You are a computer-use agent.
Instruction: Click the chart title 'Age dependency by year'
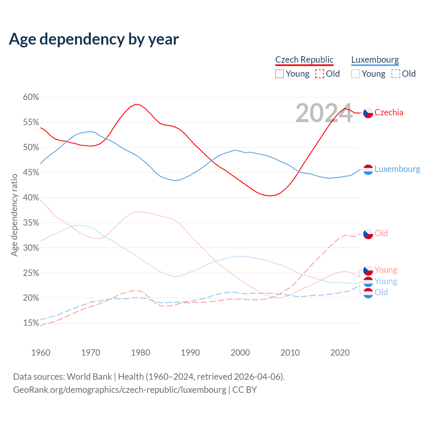tap(94, 39)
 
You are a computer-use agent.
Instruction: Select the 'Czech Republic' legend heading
tap(304, 60)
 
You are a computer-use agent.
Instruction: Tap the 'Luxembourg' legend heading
tap(375, 60)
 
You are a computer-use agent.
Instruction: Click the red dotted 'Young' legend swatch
tap(279, 74)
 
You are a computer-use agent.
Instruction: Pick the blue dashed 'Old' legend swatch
tap(396, 74)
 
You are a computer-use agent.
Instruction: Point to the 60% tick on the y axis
tap(31, 97)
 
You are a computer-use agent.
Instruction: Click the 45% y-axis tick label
tap(31, 173)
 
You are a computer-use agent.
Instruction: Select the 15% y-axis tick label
tap(31, 323)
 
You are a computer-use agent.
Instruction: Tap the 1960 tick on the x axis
tap(41, 353)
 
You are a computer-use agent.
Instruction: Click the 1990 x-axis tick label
tap(190, 353)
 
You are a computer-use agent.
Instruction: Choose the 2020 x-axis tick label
tap(340, 353)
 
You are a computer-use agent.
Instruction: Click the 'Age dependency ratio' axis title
tap(14, 215)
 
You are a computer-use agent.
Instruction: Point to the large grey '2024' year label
tap(324, 113)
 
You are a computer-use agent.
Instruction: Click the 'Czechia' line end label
tap(389, 113)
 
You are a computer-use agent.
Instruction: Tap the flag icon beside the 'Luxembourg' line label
tap(368, 170)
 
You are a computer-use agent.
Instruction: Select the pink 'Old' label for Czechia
tap(381, 233)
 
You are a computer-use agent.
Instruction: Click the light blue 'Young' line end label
tap(386, 281)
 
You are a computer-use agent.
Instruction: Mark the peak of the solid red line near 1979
tap(135, 104)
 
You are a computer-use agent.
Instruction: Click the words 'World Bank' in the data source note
tap(89, 377)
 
